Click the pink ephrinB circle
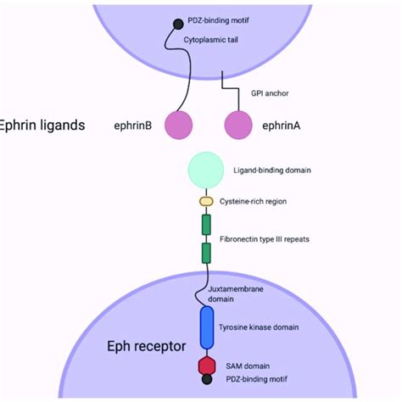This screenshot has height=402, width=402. [179, 125]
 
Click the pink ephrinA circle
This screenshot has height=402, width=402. [240, 125]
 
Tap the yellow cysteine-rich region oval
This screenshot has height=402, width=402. [206, 202]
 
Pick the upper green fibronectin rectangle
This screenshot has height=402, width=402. [206, 225]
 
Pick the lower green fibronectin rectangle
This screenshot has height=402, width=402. [206, 253]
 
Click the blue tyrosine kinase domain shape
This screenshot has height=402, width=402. [207, 327]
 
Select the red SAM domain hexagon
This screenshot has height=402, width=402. [207, 364]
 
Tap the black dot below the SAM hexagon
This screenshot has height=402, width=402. [207, 379]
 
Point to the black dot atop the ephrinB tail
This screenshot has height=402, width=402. [176, 25]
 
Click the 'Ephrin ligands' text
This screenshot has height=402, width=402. [43, 126]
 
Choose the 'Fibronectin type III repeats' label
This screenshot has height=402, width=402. [265, 240]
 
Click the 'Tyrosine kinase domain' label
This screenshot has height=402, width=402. [270, 327]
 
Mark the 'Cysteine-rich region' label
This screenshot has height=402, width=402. [258, 202]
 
